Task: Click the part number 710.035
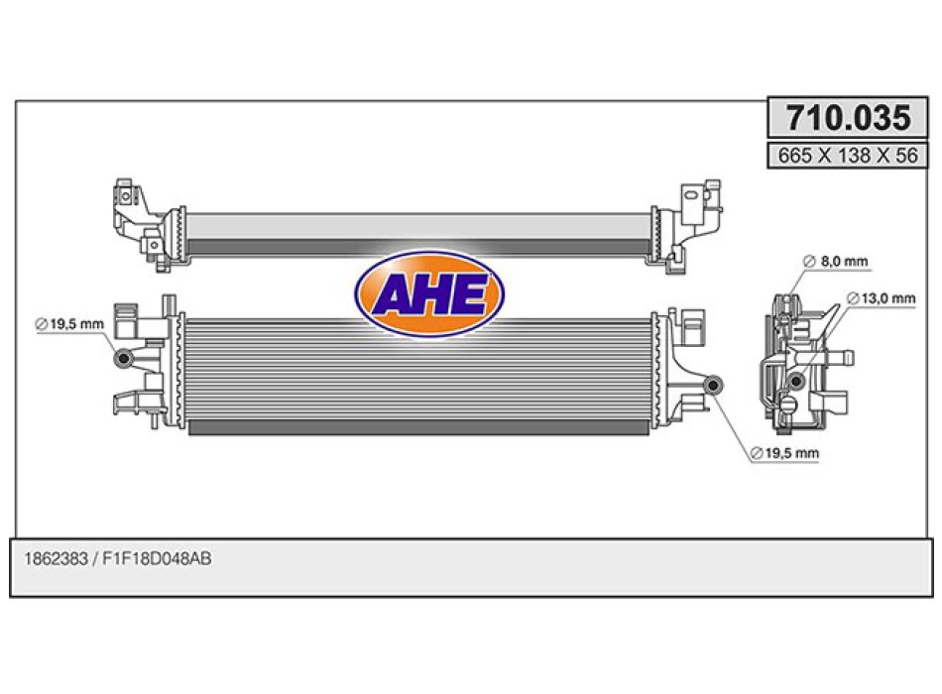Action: [848, 119]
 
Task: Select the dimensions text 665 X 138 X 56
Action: [848, 156]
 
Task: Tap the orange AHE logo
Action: [429, 293]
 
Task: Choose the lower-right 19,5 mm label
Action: [784, 453]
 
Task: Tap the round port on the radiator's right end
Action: [713, 385]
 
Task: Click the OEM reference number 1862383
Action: [55, 559]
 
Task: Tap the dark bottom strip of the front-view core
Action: [416, 426]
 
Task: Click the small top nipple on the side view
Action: [785, 298]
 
